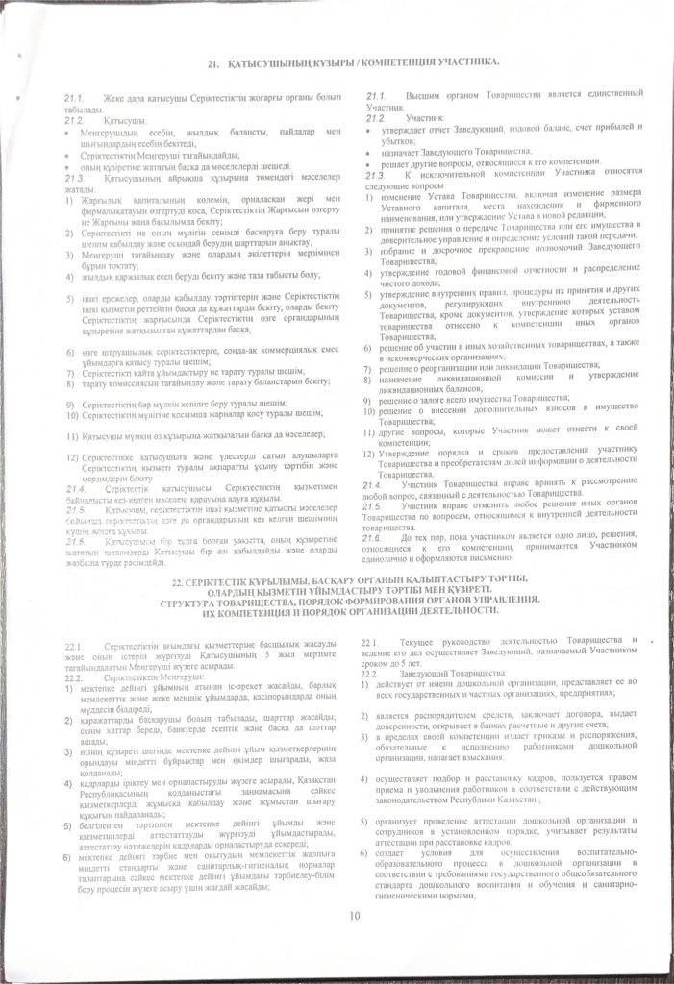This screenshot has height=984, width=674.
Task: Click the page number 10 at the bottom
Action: pos(355,914)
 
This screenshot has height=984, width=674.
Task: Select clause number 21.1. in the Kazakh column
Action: pos(75,99)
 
